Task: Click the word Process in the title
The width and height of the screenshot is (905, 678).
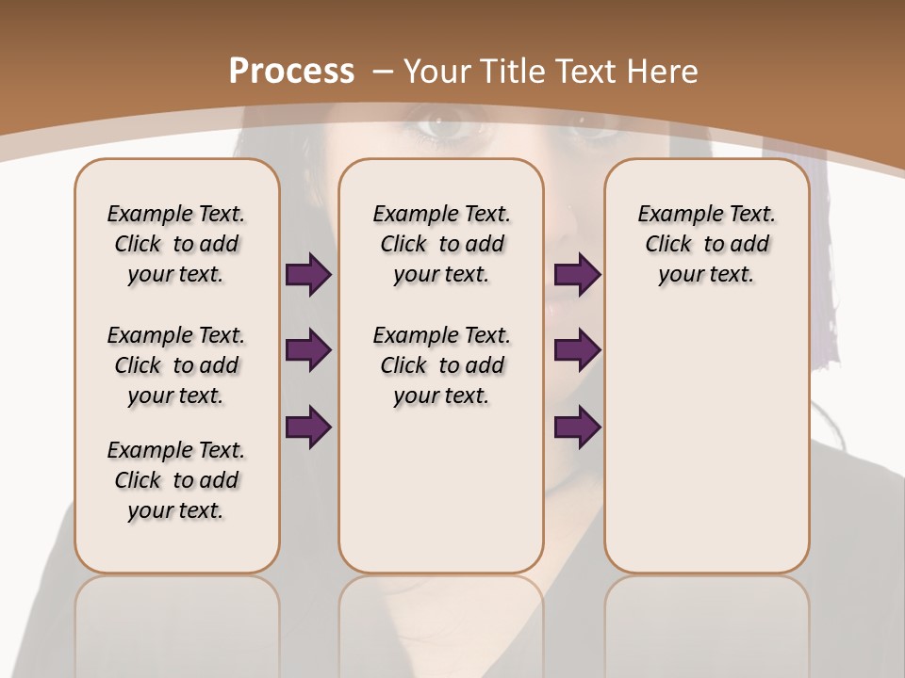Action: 291,71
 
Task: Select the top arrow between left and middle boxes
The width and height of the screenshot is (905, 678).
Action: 308,275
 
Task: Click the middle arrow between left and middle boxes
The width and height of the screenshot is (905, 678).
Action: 308,350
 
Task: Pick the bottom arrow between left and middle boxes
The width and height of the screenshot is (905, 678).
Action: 308,428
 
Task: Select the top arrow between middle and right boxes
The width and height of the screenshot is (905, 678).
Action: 577,275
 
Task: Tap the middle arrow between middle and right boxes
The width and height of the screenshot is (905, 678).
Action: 577,350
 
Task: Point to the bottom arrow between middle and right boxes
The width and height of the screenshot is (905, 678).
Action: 577,428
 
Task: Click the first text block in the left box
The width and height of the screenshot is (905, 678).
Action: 176,244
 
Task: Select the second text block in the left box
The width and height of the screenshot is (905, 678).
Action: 176,365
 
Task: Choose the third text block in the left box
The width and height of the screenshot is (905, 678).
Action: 176,480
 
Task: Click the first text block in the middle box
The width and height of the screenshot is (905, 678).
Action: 441,244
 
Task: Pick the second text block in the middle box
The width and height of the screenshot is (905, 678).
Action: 441,365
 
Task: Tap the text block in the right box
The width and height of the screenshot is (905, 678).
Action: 706,244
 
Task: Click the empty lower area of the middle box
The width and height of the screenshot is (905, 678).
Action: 441,490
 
